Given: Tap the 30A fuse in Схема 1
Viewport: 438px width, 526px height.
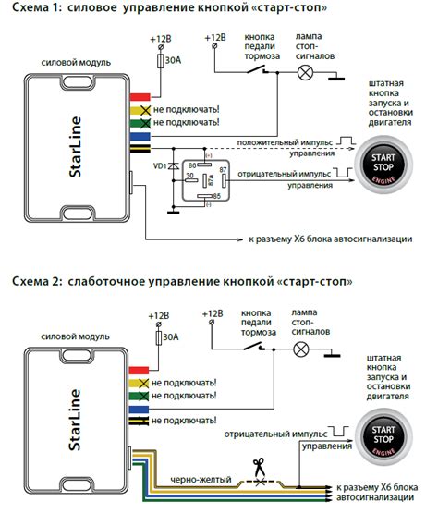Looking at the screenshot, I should [164, 60].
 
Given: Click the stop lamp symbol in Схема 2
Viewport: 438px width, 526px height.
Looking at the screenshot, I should [300, 349].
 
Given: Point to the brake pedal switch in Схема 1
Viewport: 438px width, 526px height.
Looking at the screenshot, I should [262, 71].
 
